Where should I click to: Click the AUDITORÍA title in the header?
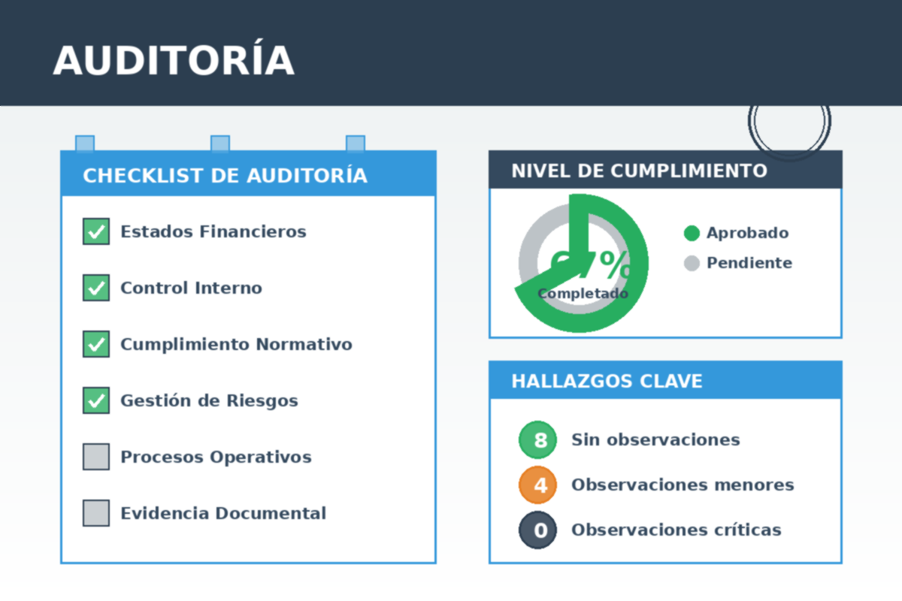(x=173, y=61)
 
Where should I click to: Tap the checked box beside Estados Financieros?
(x=96, y=231)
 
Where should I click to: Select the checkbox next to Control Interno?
(x=96, y=288)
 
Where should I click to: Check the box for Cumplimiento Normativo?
(x=96, y=344)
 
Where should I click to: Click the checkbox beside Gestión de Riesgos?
(x=96, y=400)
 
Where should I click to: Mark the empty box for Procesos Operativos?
(x=96, y=457)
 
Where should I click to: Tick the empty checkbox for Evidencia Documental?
(x=96, y=513)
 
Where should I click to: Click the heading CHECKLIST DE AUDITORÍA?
(x=225, y=176)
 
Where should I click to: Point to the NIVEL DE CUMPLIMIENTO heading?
(x=639, y=171)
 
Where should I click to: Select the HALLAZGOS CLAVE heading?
(x=607, y=381)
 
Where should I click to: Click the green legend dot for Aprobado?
(x=692, y=233)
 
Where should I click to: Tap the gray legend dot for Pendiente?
(x=692, y=263)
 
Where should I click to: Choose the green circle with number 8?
(x=537, y=439)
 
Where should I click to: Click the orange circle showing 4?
(x=537, y=485)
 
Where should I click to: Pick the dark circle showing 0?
(x=537, y=530)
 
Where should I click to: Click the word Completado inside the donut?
(x=583, y=294)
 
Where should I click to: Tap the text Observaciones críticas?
(x=676, y=530)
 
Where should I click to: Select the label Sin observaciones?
(x=655, y=439)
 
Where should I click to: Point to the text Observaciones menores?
(x=683, y=485)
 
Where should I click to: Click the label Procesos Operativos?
(x=216, y=457)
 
